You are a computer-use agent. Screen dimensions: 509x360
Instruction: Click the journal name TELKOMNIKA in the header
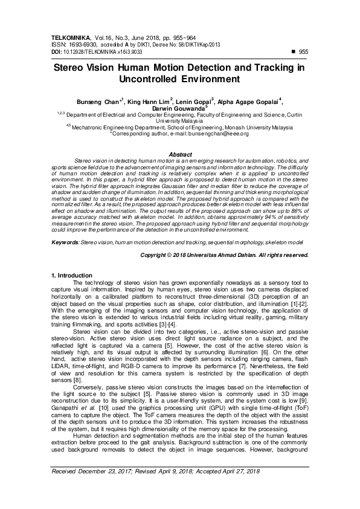(69, 37)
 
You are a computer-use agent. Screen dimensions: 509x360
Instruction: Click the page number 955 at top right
(303, 53)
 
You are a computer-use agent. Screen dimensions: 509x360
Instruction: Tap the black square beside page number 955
(293, 52)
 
